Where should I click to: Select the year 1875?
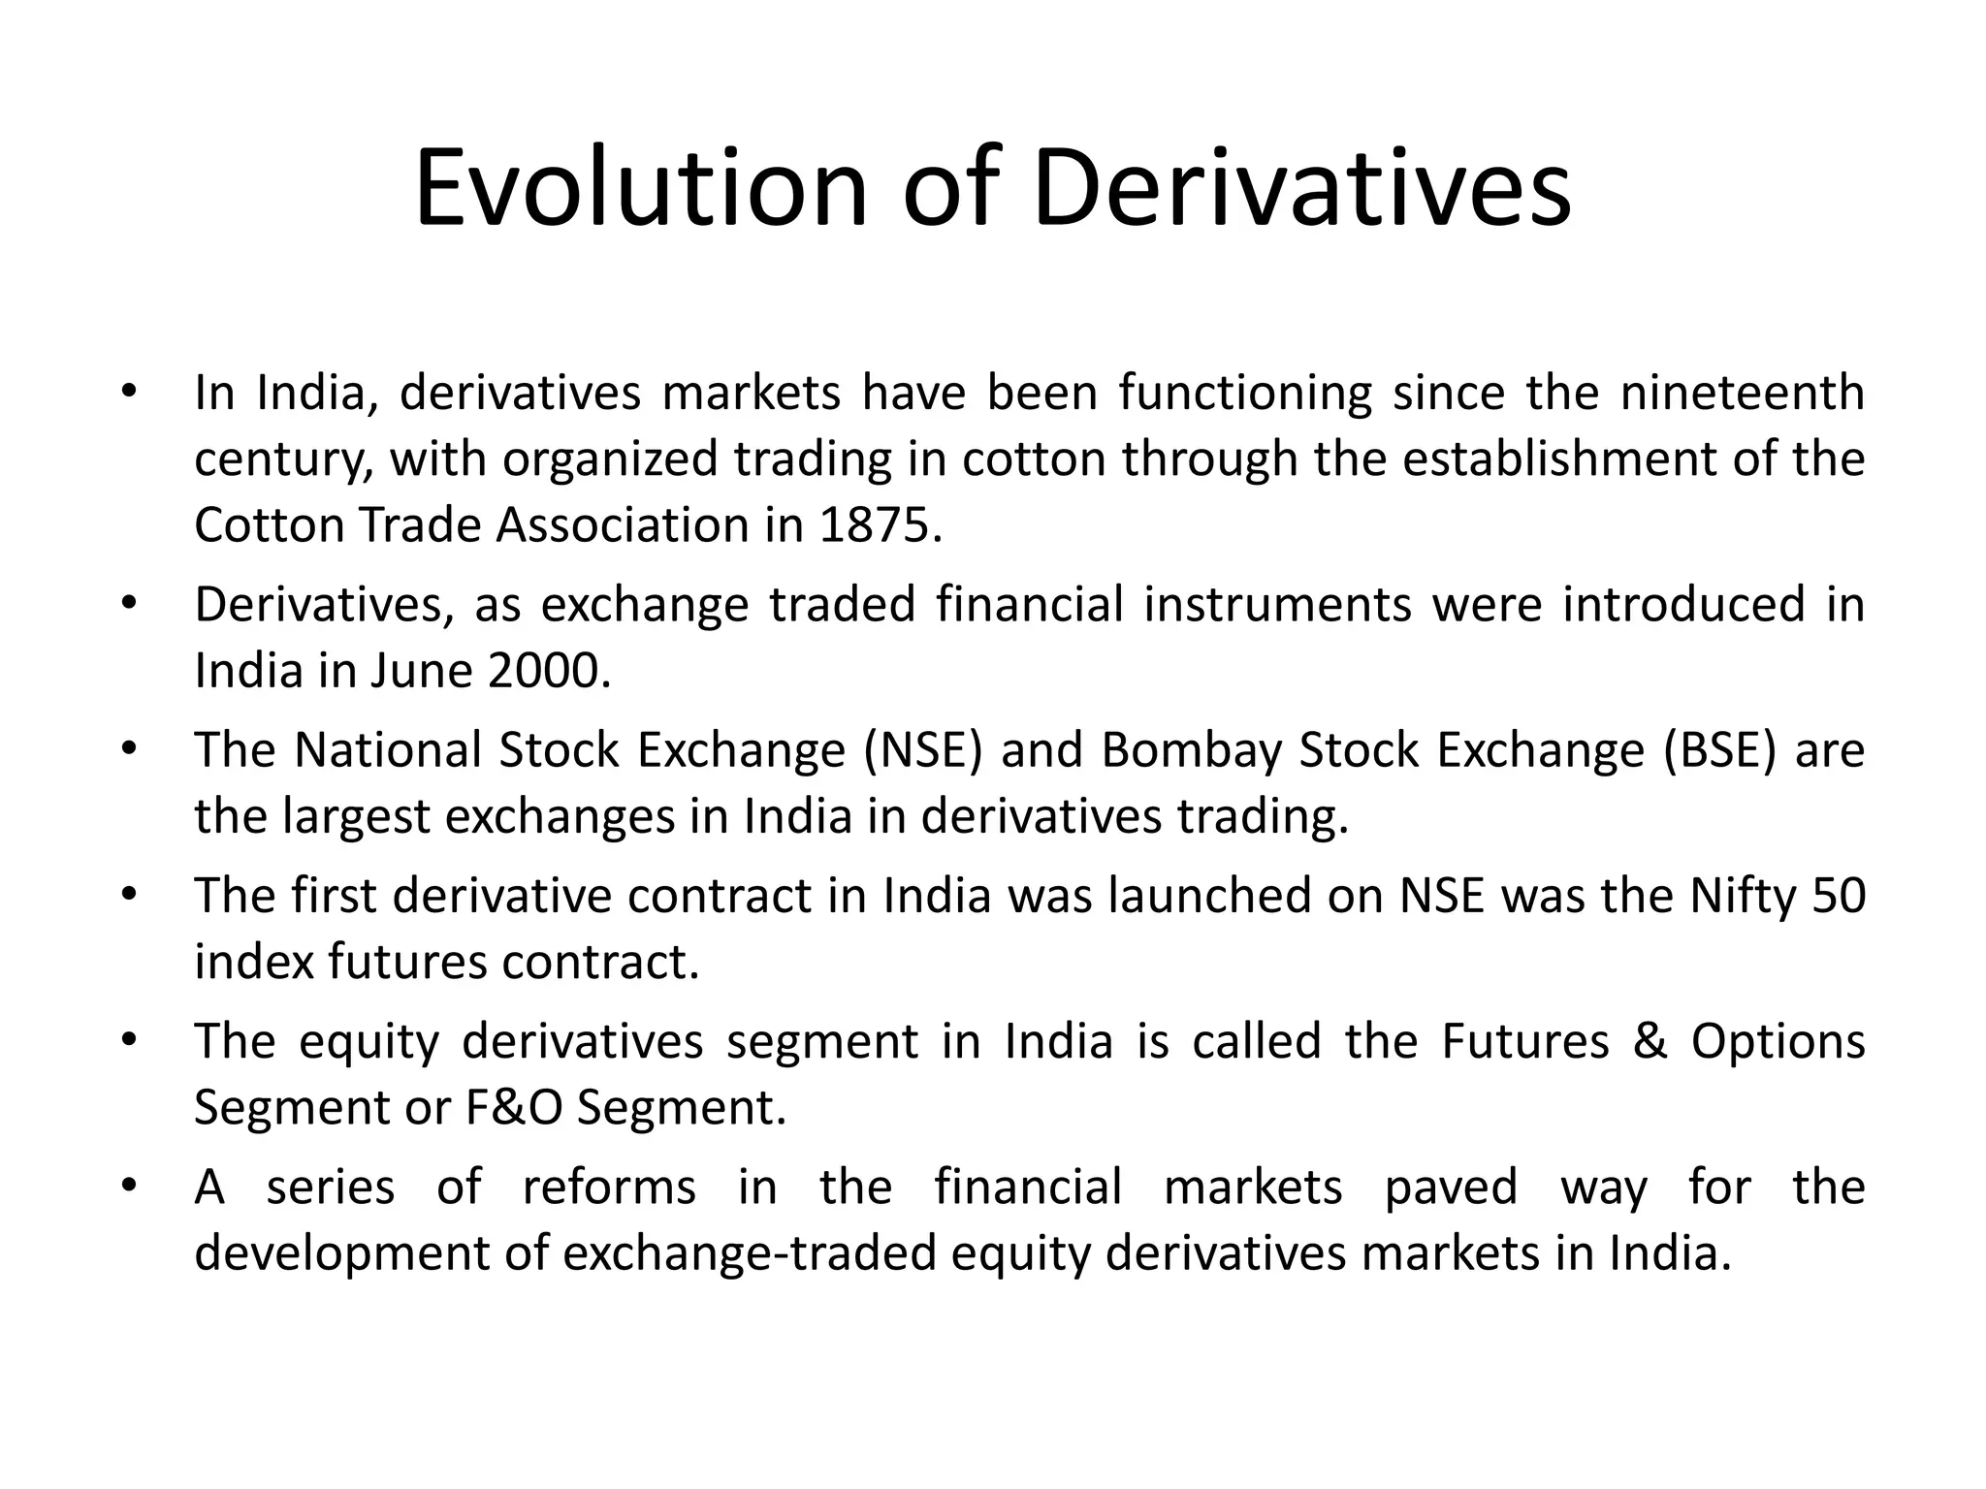[x=880, y=525]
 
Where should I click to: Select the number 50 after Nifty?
[x=1838, y=896]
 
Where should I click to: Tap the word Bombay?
[x=1192, y=750]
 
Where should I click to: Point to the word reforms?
[x=609, y=1188]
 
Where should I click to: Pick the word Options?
[x=1778, y=1042]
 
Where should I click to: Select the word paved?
[x=1450, y=1188]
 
